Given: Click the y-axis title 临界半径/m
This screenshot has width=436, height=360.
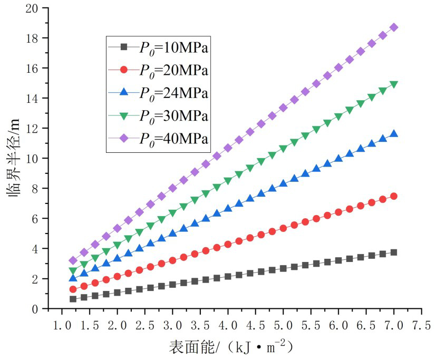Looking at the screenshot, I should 16,158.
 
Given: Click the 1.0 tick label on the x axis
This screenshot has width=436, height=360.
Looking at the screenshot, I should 62,323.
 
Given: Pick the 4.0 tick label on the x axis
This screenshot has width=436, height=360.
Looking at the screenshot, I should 228,323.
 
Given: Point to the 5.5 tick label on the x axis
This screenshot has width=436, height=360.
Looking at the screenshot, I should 311,323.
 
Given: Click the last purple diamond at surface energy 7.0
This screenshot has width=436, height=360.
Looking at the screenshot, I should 393,27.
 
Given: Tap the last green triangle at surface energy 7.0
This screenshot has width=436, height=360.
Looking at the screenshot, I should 393,84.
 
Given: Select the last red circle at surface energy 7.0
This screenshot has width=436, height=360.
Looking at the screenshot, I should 393,196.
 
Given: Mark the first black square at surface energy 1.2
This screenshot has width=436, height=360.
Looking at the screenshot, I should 73,299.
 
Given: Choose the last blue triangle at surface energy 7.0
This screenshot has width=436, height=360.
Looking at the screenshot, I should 393,134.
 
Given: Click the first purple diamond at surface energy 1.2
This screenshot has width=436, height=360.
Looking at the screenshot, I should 73,260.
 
